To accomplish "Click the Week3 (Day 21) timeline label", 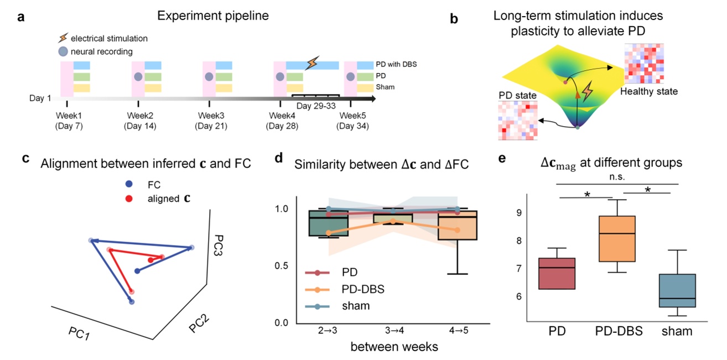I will pyautogui.click(x=210, y=121).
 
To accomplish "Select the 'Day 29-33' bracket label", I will pyautogui.click(x=315, y=106).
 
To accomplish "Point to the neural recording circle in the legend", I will pyautogui.click(x=64, y=52).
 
